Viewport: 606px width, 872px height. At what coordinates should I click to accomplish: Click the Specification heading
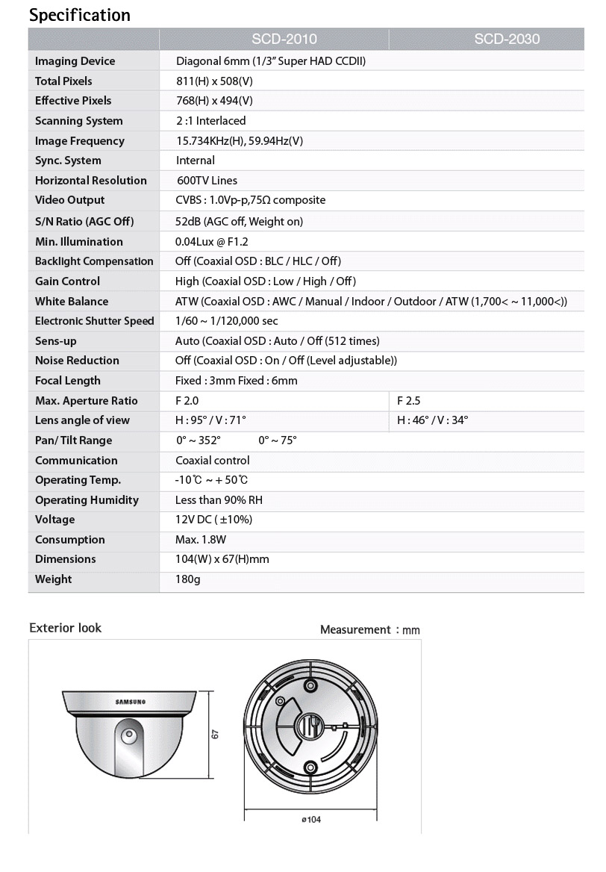point(80,15)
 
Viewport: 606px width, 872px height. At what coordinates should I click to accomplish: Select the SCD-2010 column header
point(284,39)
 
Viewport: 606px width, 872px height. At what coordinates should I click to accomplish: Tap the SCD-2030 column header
point(507,39)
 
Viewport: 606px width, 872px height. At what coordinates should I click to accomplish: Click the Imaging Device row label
point(75,61)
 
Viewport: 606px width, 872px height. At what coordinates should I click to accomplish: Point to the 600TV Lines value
point(207,181)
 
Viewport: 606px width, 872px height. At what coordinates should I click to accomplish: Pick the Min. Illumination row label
point(79,241)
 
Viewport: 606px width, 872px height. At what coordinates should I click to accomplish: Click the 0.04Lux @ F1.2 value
point(212,241)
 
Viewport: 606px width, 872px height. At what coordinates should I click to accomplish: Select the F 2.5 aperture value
point(409,401)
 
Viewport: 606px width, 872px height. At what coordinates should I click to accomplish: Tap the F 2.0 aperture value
point(187,401)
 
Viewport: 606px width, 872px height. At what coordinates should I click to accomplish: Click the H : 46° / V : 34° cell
point(433,420)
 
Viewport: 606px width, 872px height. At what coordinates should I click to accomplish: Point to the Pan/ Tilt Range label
point(74,440)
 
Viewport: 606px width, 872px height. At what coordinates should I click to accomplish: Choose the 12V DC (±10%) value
point(214,520)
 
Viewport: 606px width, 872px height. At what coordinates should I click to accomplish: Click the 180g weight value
point(188,579)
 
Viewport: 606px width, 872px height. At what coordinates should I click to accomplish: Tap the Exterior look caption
point(66,628)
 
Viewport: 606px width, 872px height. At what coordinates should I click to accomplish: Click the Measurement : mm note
point(370,630)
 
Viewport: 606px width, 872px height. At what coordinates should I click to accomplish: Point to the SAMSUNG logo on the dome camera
point(131,702)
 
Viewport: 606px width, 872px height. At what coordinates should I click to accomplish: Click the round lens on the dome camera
point(130,735)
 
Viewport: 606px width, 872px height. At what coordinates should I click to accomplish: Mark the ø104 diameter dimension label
point(311,819)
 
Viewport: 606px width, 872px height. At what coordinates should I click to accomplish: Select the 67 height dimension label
point(215,735)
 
